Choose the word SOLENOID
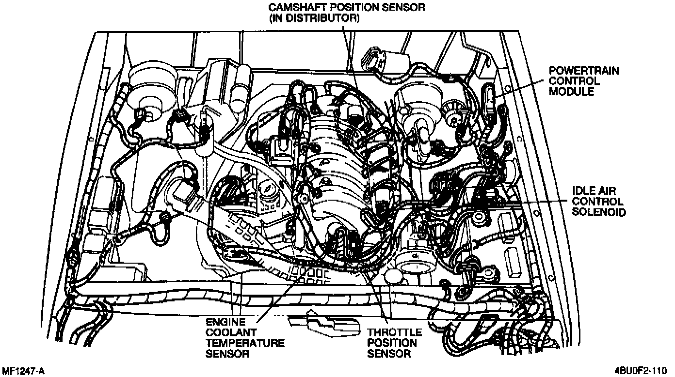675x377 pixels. tap(599, 212)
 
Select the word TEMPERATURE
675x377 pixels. tap(245, 343)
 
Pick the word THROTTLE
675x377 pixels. tap(394, 332)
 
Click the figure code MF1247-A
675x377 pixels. tap(23, 371)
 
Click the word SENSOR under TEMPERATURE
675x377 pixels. tap(227, 354)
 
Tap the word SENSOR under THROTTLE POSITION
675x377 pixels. tap(389, 354)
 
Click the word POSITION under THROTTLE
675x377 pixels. tap(391, 343)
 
